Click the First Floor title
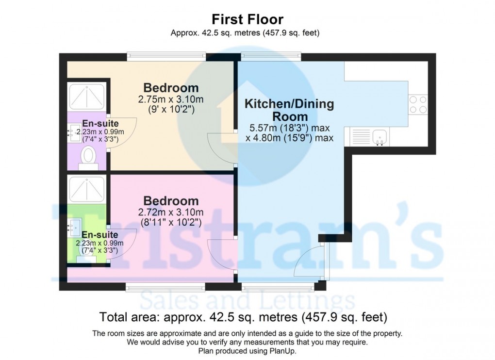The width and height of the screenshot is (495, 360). (x=247, y=19)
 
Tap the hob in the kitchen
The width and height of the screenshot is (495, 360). (x=418, y=104)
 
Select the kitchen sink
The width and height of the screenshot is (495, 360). (x=379, y=137)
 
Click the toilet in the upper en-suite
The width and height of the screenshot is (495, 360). (x=88, y=157)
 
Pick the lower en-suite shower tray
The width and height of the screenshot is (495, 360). (x=87, y=189)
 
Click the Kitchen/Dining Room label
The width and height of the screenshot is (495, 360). (x=289, y=110)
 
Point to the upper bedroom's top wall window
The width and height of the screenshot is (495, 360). (x=166, y=57)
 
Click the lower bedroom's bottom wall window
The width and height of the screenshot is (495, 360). (x=165, y=287)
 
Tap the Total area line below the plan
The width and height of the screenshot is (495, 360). (x=243, y=318)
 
